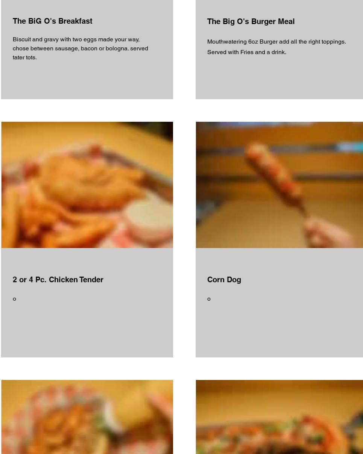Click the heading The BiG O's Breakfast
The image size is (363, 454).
click(x=52, y=21)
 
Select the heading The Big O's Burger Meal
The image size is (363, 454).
click(x=251, y=21)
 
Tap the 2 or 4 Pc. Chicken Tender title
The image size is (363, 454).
click(x=58, y=280)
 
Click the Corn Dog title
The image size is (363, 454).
click(x=224, y=280)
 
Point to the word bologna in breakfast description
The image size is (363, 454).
click(x=117, y=48)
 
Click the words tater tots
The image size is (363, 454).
click(x=25, y=58)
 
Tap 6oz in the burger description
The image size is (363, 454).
click(x=253, y=42)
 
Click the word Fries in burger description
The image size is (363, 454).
click(x=247, y=52)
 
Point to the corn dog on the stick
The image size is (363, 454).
click(x=275, y=177)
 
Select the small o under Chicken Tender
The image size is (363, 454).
click(x=14, y=299)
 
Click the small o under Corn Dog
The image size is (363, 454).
click(x=209, y=299)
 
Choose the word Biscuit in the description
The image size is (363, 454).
click(x=22, y=39)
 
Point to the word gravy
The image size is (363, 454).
click(x=51, y=40)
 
